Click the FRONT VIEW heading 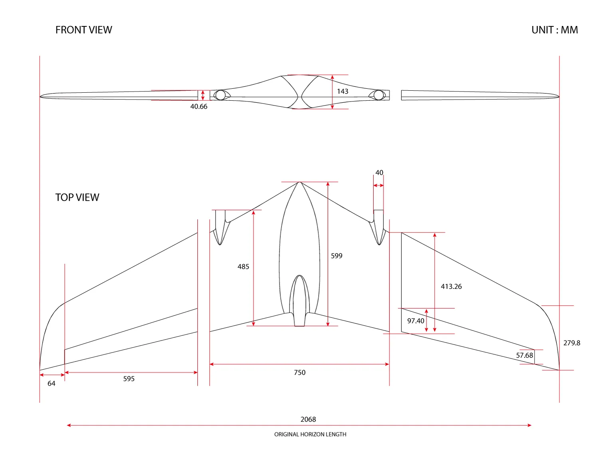point(83,30)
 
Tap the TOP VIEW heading point(77,197)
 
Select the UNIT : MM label point(555,30)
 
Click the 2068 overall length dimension point(308,419)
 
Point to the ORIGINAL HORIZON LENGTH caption point(310,434)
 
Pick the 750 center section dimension point(299,372)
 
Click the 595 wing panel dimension point(129,378)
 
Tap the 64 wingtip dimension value point(51,383)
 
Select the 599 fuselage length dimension point(337,256)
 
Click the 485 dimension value point(243,267)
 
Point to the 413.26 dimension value point(451,287)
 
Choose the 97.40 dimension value point(416,321)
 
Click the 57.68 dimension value point(524,355)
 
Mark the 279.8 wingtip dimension point(572,343)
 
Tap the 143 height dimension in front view point(343,91)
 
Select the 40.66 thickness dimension point(198,106)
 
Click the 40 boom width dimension point(379,173)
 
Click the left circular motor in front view point(220,95)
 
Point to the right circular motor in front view point(379,95)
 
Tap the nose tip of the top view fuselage point(299,182)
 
